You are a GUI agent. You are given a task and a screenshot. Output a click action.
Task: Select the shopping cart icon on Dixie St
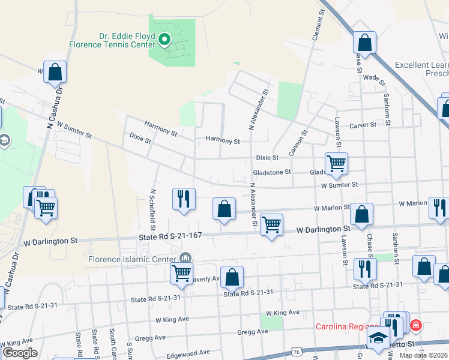[336, 163]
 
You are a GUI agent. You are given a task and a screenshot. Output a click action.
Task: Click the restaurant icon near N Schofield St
[184, 199]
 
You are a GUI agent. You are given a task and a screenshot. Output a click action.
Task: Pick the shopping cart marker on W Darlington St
[271, 224]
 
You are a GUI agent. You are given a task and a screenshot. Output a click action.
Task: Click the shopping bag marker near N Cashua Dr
[55, 72]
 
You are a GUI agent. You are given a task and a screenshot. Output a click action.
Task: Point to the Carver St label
[363, 125]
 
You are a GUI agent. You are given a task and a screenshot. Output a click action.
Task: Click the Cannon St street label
[298, 143]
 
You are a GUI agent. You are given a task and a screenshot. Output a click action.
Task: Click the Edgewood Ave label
[188, 353]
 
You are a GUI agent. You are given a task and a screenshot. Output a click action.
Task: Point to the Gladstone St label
[271, 172]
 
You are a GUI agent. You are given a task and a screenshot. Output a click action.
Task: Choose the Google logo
[20, 353]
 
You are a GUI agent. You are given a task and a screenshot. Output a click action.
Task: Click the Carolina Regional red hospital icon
[415, 326]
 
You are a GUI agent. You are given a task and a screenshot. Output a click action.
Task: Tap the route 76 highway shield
[298, 352]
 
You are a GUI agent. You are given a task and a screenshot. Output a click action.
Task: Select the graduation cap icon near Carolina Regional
[379, 339]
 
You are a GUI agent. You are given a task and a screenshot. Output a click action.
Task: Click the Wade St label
[373, 78]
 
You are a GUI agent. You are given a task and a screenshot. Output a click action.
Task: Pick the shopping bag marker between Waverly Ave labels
[232, 277]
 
